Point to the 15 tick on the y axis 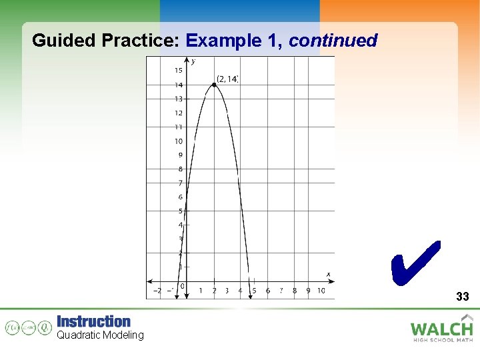tap(179, 71)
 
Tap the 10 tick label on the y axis tap(179, 141)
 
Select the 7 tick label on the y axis tap(180, 183)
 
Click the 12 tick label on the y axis tap(179, 113)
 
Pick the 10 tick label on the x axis tap(321, 291)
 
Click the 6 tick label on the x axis tap(267, 291)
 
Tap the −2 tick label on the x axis tap(157, 291)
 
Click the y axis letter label tap(193, 62)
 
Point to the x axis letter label tap(328, 274)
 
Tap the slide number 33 tap(463, 297)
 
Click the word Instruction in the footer tap(93, 321)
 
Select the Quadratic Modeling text tap(100, 335)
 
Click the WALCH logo tap(441, 328)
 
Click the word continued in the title tap(333, 41)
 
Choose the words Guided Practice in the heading tap(105, 41)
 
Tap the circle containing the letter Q tap(44, 327)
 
